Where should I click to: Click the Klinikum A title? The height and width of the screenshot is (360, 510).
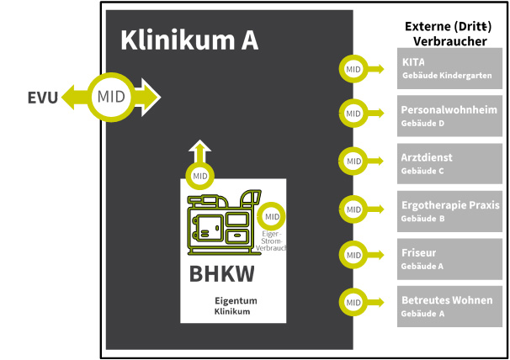click(x=189, y=40)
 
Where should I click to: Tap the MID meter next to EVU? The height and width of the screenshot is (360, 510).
click(x=110, y=96)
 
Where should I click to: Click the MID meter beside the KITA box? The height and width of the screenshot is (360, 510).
click(x=353, y=68)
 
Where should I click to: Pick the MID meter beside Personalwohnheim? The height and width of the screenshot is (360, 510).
click(x=353, y=112)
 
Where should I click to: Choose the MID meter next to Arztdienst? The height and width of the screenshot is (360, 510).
click(x=353, y=159)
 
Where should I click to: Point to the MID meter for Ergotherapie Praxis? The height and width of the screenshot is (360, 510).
click(x=353, y=207)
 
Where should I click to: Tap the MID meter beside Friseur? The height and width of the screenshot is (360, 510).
click(x=353, y=254)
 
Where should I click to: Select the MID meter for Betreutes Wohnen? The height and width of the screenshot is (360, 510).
click(x=353, y=301)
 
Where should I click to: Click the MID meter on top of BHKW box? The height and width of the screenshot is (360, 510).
click(x=200, y=176)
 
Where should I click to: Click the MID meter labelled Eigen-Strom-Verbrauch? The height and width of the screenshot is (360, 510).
click(x=271, y=216)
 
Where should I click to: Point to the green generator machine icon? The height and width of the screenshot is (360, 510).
click(x=221, y=223)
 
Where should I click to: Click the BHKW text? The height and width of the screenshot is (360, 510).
click(x=221, y=274)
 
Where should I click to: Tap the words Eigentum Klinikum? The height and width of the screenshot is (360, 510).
click(x=235, y=305)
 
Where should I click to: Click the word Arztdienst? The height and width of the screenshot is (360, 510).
click(x=427, y=157)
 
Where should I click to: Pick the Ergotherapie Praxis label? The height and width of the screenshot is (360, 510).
click(x=450, y=204)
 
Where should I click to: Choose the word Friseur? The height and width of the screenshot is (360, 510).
click(x=419, y=251)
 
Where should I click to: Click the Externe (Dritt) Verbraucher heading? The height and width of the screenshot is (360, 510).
click(x=450, y=34)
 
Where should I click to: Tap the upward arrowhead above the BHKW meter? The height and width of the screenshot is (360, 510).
click(x=200, y=148)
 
